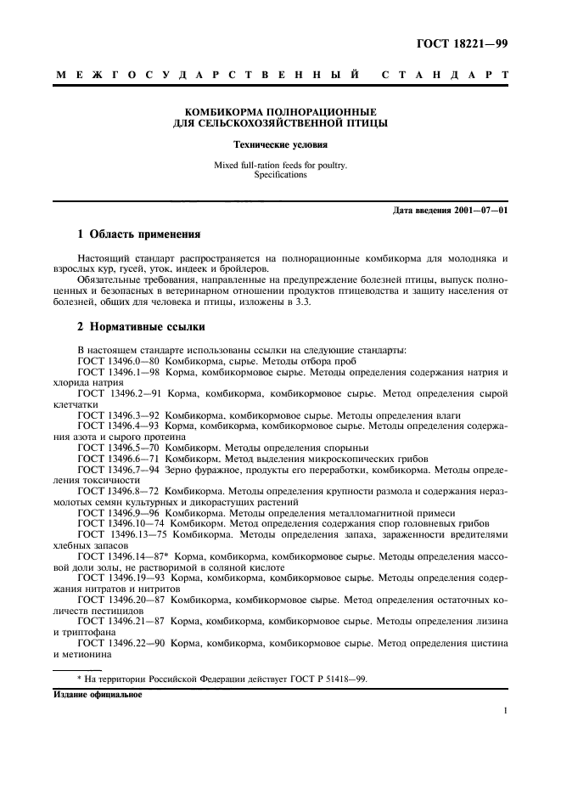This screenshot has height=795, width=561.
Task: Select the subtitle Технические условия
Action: [281, 144]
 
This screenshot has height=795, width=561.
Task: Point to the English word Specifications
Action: [281, 174]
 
